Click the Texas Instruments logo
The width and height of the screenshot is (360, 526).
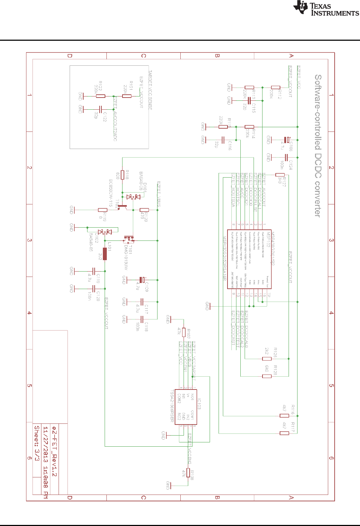pyautogui.click(x=326, y=8)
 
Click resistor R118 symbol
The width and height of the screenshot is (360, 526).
pyautogui.click(x=122, y=174)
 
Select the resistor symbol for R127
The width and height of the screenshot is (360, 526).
pyautogui.click(x=280, y=175)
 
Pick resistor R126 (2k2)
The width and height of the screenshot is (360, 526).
pyautogui.click(x=267, y=358)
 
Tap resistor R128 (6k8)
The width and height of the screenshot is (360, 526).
pyautogui.click(x=267, y=376)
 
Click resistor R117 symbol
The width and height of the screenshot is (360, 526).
pyautogui.click(x=284, y=433)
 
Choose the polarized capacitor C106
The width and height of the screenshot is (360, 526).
pyautogui.click(x=287, y=139)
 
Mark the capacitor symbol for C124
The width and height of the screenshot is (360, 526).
pyautogui.click(x=286, y=157)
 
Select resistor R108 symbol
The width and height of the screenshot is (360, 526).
pyautogui.click(x=188, y=473)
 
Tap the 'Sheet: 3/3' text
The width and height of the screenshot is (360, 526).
pyautogui.click(x=37, y=443)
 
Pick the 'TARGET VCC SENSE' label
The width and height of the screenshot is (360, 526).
pyautogui.click(x=150, y=90)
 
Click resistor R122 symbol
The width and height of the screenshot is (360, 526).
pyautogui.click(x=101, y=96)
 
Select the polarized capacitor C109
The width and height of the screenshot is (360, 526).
pyautogui.click(x=142, y=279)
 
